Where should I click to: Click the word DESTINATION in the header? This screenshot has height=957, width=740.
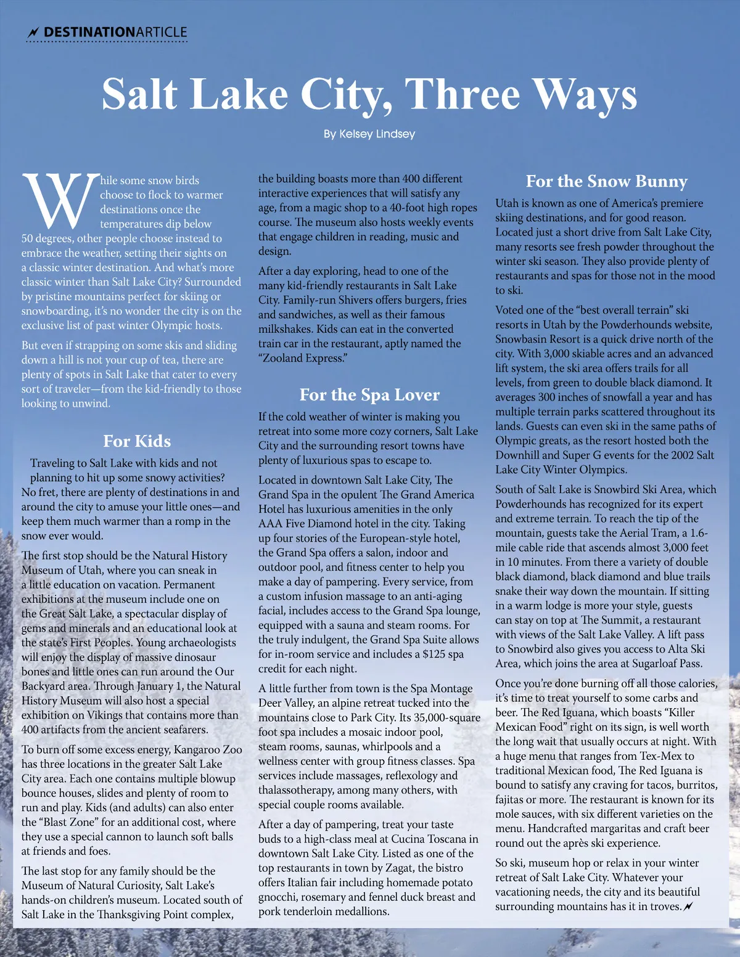click(89, 32)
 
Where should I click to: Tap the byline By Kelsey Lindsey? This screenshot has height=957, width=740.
click(369, 134)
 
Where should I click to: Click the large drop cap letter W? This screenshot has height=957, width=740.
click(60, 200)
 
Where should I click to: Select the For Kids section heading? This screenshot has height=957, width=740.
click(137, 441)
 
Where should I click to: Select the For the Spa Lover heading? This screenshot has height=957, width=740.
click(369, 394)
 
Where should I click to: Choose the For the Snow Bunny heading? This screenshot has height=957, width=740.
click(606, 181)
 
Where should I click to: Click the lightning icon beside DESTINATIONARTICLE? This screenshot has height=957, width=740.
click(33, 32)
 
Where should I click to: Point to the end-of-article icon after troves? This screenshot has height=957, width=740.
click(689, 906)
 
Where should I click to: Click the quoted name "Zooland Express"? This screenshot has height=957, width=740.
click(302, 358)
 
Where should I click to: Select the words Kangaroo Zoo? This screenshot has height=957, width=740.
click(208, 749)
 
